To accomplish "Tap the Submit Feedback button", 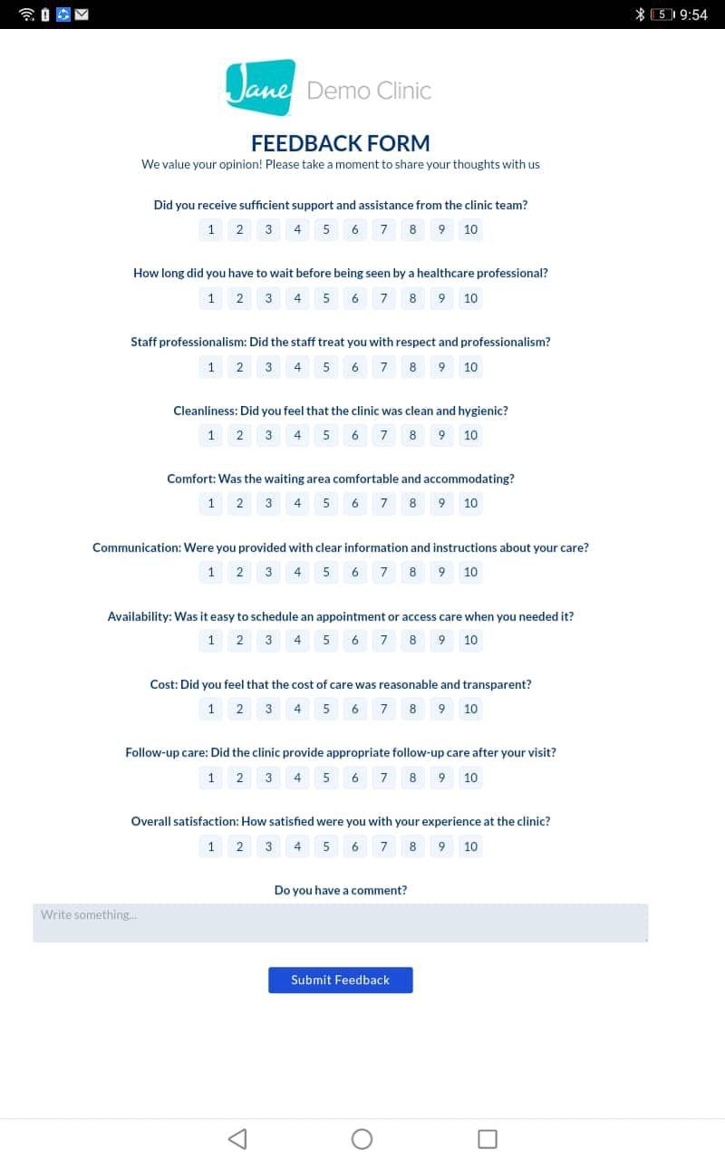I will point(340,980).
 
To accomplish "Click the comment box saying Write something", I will point(340,923).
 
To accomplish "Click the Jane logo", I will point(260,88).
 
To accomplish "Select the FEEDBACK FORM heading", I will point(340,143).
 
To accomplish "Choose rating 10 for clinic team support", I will point(470,229).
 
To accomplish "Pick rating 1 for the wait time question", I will point(211,298).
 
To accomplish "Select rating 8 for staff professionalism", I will point(412,367).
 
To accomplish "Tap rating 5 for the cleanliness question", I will point(326,435).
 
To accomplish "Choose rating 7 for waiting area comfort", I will point(383,503).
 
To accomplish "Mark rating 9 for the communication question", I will point(441,572).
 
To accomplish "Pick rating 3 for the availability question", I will point(268,640).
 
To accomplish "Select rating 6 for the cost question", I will point(354,709).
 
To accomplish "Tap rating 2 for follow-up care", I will point(239,778).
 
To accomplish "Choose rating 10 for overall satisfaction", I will point(470,846).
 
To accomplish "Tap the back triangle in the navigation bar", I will point(237,1138).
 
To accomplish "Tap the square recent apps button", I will point(487,1138).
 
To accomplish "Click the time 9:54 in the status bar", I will point(693,14).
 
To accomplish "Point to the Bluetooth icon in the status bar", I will point(639,14).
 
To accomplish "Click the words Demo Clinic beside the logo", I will point(369,91).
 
